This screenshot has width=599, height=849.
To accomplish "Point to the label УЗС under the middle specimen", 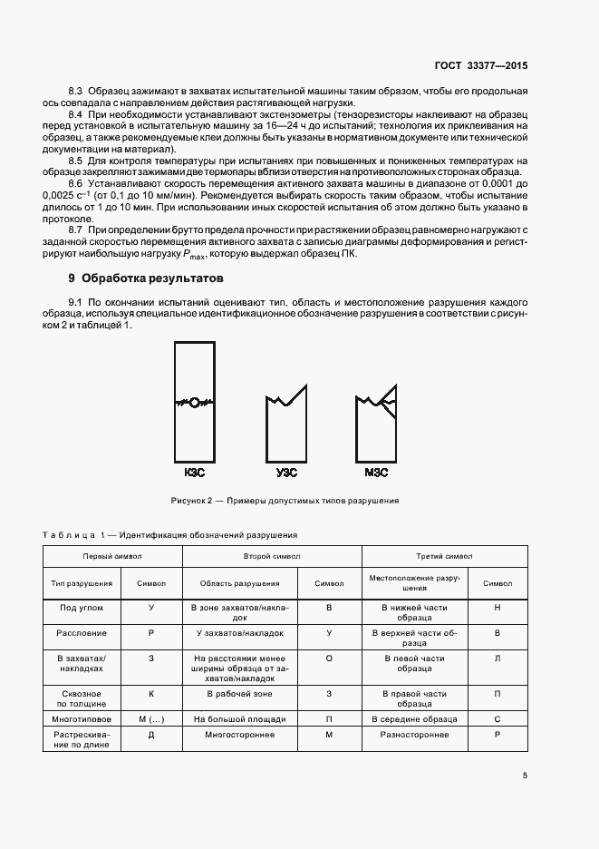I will click(x=286, y=473).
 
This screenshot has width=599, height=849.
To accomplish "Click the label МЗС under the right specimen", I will click(x=375, y=473).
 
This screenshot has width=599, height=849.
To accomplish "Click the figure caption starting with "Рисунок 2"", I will click(x=285, y=501).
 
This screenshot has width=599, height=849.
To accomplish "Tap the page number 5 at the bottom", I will click(x=525, y=776).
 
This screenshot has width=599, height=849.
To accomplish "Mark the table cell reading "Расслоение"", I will click(x=82, y=633).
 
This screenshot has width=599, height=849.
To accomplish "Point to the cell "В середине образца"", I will click(x=414, y=718).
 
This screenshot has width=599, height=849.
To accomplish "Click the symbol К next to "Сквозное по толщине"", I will click(x=150, y=694).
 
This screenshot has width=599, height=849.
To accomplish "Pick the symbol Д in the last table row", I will click(x=150, y=735).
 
